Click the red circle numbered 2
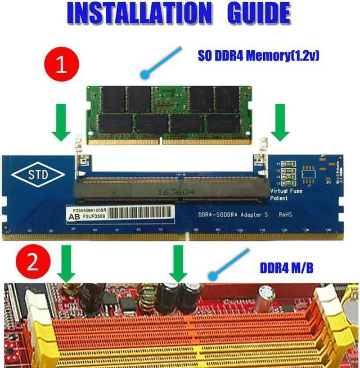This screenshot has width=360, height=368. tap(28, 261)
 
